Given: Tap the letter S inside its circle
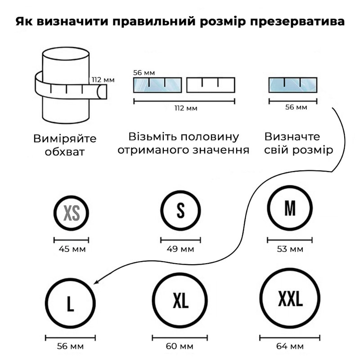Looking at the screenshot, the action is click(x=181, y=211).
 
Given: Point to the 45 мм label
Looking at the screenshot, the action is click(x=72, y=249).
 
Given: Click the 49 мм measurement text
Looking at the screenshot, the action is click(x=180, y=249).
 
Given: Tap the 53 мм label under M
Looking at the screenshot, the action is click(x=290, y=249).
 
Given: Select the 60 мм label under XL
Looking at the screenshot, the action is click(x=180, y=346).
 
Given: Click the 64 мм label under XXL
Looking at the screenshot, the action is click(x=290, y=346).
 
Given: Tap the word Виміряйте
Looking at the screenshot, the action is click(x=65, y=139).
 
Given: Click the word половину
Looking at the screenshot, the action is click(x=210, y=137).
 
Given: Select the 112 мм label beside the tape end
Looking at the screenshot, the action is click(x=103, y=80).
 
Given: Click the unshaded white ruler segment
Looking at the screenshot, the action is click(x=211, y=85).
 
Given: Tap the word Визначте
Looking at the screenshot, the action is click(x=292, y=137).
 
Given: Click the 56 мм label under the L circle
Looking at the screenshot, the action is click(x=70, y=346).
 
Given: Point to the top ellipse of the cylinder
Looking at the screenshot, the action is click(x=66, y=48).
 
